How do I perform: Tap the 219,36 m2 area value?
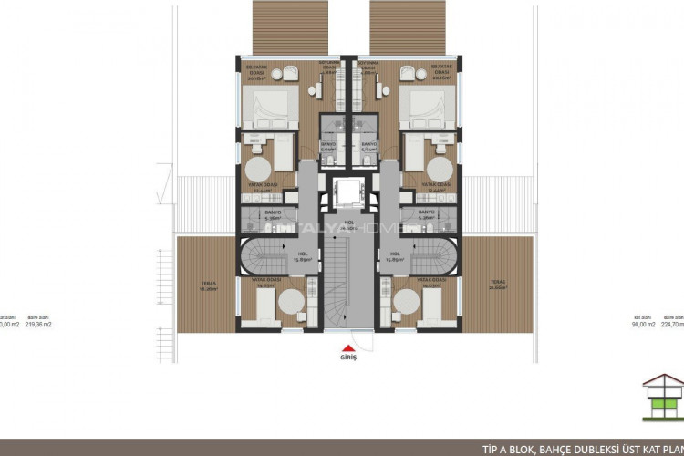pos(38,324)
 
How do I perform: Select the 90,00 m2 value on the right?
pos(644,324)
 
